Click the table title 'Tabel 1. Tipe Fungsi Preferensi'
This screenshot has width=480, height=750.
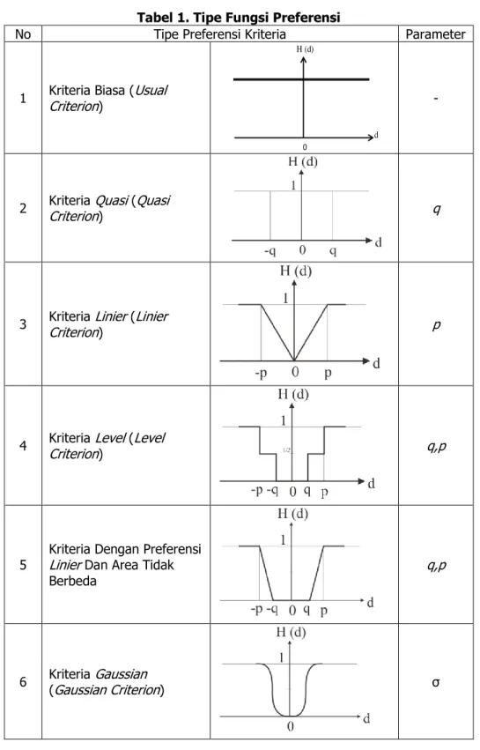[239, 18]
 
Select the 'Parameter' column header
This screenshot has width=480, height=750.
[436, 34]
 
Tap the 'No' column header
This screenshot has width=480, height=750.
[23, 34]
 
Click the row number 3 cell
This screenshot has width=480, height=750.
[23, 324]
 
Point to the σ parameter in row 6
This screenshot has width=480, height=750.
[436, 682]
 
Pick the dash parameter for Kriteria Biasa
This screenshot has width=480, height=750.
[436, 99]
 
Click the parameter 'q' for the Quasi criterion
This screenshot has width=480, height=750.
[437, 210]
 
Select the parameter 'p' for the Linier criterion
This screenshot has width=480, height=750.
[437, 326]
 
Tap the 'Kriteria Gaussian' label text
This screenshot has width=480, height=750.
[98, 674]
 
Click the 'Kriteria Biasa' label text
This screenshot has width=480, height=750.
[86, 91]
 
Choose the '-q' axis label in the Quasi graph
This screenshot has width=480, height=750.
[270, 250]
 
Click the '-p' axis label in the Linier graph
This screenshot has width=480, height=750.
[261, 373]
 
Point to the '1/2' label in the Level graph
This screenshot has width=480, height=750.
[286, 450]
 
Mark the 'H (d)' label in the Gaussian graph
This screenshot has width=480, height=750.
[291, 632]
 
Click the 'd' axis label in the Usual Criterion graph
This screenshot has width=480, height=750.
[376, 136]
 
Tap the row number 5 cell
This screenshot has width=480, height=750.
[23, 565]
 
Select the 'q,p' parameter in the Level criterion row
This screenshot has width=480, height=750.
[437, 447]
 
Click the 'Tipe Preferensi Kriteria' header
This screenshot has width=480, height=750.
[220, 34]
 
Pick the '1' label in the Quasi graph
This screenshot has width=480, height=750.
[293, 185]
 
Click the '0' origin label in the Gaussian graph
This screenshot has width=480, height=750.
[290, 726]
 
